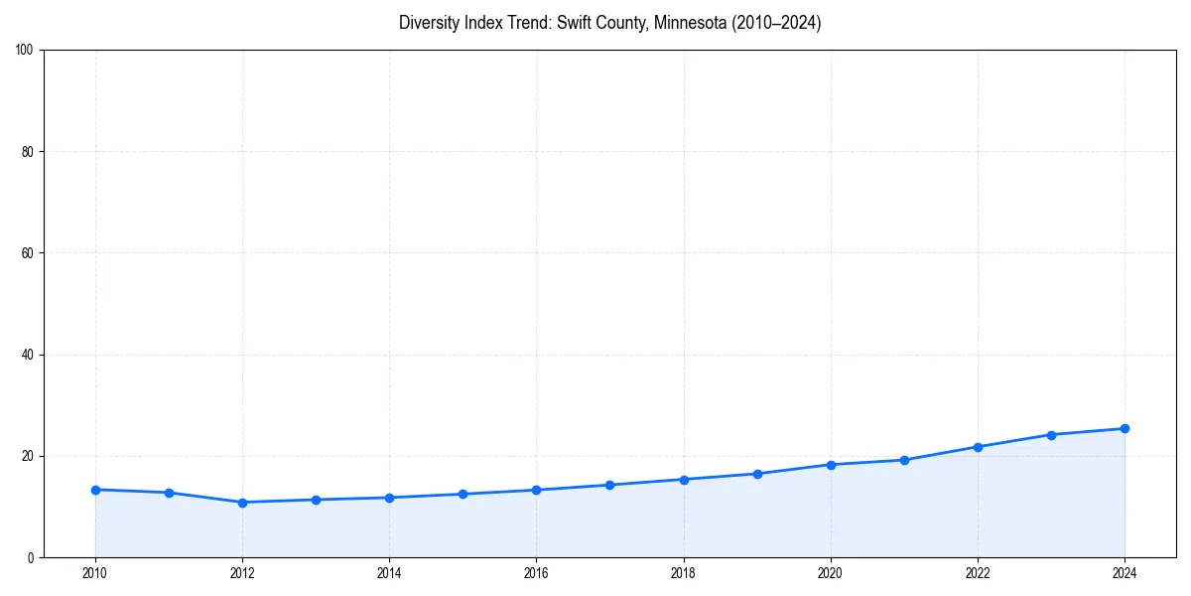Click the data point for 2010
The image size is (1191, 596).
95,490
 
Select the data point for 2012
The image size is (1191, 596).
242,502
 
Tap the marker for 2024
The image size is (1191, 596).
1125,428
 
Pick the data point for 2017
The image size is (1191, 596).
610,485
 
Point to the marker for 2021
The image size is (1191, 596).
904,460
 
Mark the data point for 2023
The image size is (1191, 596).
1051,434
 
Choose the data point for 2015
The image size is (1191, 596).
463,494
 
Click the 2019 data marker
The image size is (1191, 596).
757,474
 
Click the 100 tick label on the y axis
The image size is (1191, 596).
25,50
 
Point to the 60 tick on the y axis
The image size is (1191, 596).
28,253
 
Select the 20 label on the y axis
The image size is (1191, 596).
28,456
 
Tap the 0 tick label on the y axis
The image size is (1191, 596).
31,557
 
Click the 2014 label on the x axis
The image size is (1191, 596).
389,572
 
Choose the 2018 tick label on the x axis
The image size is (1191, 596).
683,572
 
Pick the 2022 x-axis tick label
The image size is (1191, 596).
978,572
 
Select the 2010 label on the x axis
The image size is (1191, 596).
95,572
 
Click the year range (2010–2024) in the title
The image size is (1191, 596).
775,23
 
